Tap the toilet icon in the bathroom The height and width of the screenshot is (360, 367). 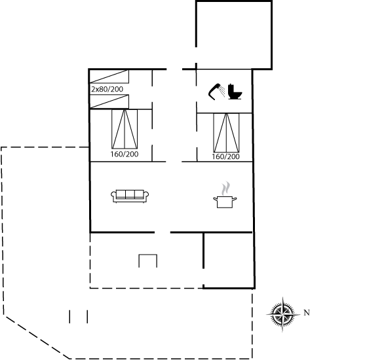tap(235, 92)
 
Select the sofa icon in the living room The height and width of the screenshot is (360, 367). tap(130, 196)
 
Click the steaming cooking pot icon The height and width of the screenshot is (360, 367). tap(225, 195)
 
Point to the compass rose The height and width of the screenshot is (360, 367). tap(283, 314)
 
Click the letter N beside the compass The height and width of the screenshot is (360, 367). tap(307, 313)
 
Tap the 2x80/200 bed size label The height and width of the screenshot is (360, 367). tap(107, 89)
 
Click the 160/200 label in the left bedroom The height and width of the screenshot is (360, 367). tap(125, 154)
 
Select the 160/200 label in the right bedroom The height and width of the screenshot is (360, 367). tap(226, 156)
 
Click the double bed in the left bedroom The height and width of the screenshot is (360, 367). tap(125, 129)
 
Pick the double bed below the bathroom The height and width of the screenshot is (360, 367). tap(226, 133)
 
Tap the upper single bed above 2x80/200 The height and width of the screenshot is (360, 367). tap(109, 77)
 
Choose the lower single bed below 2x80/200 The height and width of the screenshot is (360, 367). tap(109, 101)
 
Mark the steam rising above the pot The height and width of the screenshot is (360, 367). tap(225, 189)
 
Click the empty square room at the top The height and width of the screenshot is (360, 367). tap(234, 35)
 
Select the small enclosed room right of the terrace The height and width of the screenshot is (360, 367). tap(229, 261)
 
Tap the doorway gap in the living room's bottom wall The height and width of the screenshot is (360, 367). tap(163, 232)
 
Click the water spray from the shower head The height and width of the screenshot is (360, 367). tap(222, 92)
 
